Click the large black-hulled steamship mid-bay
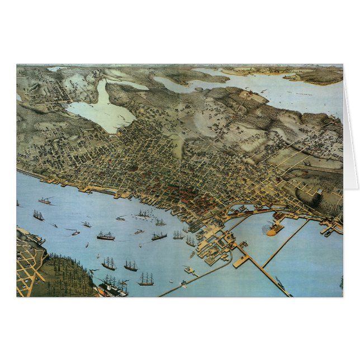point(106,236)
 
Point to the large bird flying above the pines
point(92,272)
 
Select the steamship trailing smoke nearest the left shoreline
point(45,200)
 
